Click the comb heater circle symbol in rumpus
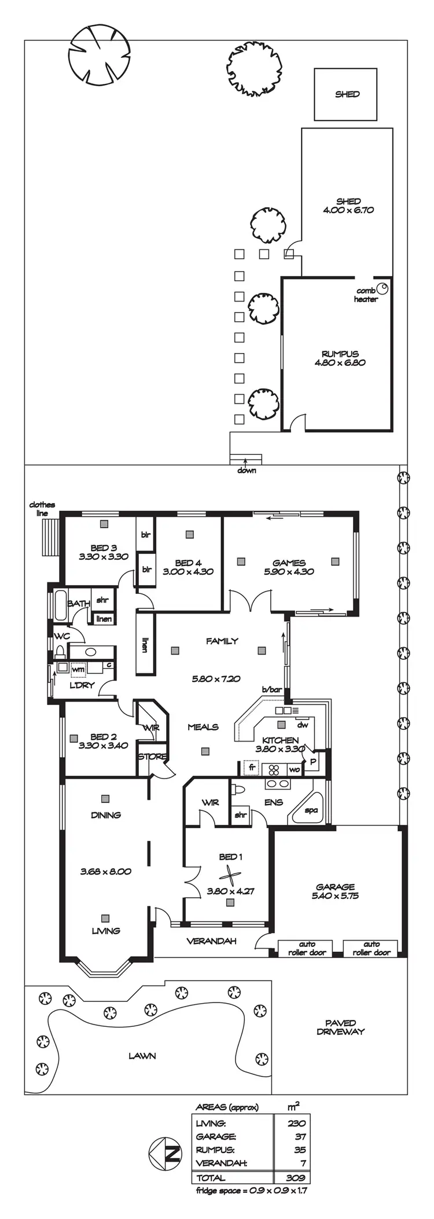coord(382,288)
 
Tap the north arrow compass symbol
coord(165,1152)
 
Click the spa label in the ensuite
coord(311,810)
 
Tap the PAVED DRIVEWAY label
coord(340,1027)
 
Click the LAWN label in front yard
coord(142,1056)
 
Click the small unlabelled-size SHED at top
coord(346,94)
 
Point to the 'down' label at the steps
coord(247,470)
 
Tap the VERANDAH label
coord(211,941)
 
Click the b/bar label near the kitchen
coord(271,689)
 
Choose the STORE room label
coord(152,756)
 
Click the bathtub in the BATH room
coord(60,605)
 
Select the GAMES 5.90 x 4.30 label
coord(289,567)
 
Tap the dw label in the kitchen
coord(302,724)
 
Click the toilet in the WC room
coord(59,652)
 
